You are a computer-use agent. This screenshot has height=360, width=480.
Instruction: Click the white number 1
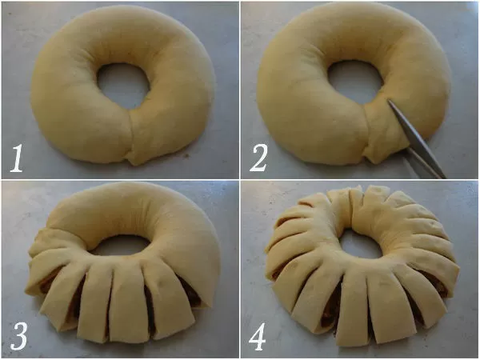pos(17,158)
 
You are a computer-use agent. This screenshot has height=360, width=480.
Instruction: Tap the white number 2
pos(258,158)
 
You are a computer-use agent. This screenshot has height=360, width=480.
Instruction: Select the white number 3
pos(19,336)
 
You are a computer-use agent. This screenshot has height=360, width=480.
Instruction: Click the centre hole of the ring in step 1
pos(123,86)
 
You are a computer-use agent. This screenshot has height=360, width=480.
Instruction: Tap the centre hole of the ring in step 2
pos(355,78)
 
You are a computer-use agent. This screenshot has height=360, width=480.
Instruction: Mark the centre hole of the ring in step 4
pos(362,245)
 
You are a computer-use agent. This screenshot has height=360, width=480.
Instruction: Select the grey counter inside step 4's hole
pos(362,245)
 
